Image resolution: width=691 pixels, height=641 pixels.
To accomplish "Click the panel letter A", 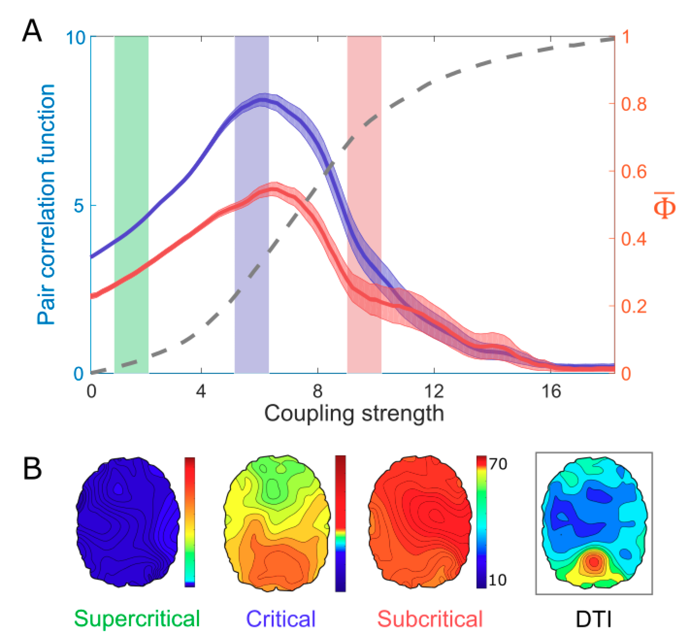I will [32, 31].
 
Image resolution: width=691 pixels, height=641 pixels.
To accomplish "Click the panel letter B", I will [32, 469].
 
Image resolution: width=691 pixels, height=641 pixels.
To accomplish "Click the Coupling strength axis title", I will [354, 414].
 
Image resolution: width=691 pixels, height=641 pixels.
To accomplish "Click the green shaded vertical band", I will [131, 205].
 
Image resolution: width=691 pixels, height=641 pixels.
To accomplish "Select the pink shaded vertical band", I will [364, 205].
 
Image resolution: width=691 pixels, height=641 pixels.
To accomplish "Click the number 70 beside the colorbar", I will [498, 464].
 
